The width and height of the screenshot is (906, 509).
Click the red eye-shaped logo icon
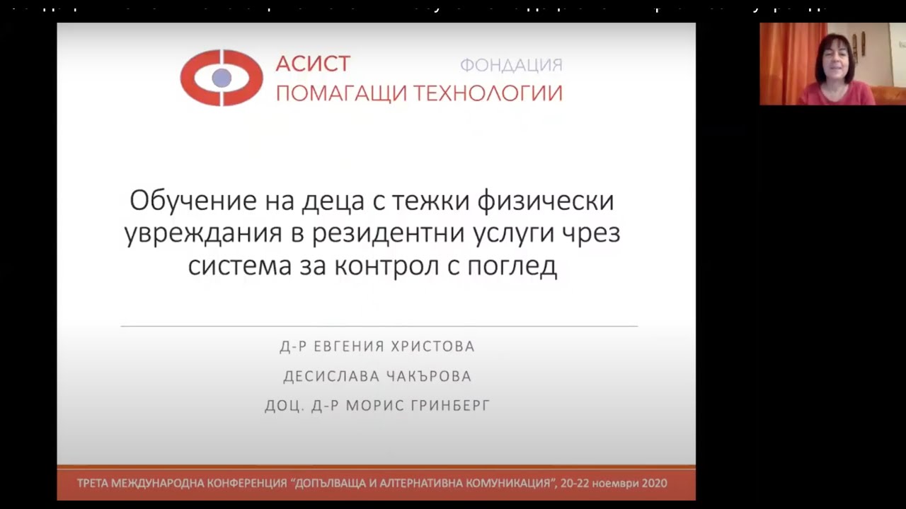pos(222,78)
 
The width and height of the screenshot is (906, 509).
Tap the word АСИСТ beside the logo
pos(313,64)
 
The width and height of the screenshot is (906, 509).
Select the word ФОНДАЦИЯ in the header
pos(511,66)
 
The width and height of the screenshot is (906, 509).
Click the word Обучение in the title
pos(193,201)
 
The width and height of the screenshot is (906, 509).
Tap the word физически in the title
pos(546,201)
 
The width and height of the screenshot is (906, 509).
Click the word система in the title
pos(239,267)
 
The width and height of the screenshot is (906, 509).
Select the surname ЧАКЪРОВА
pos(428,377)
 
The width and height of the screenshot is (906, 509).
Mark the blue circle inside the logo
pos(222,78)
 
